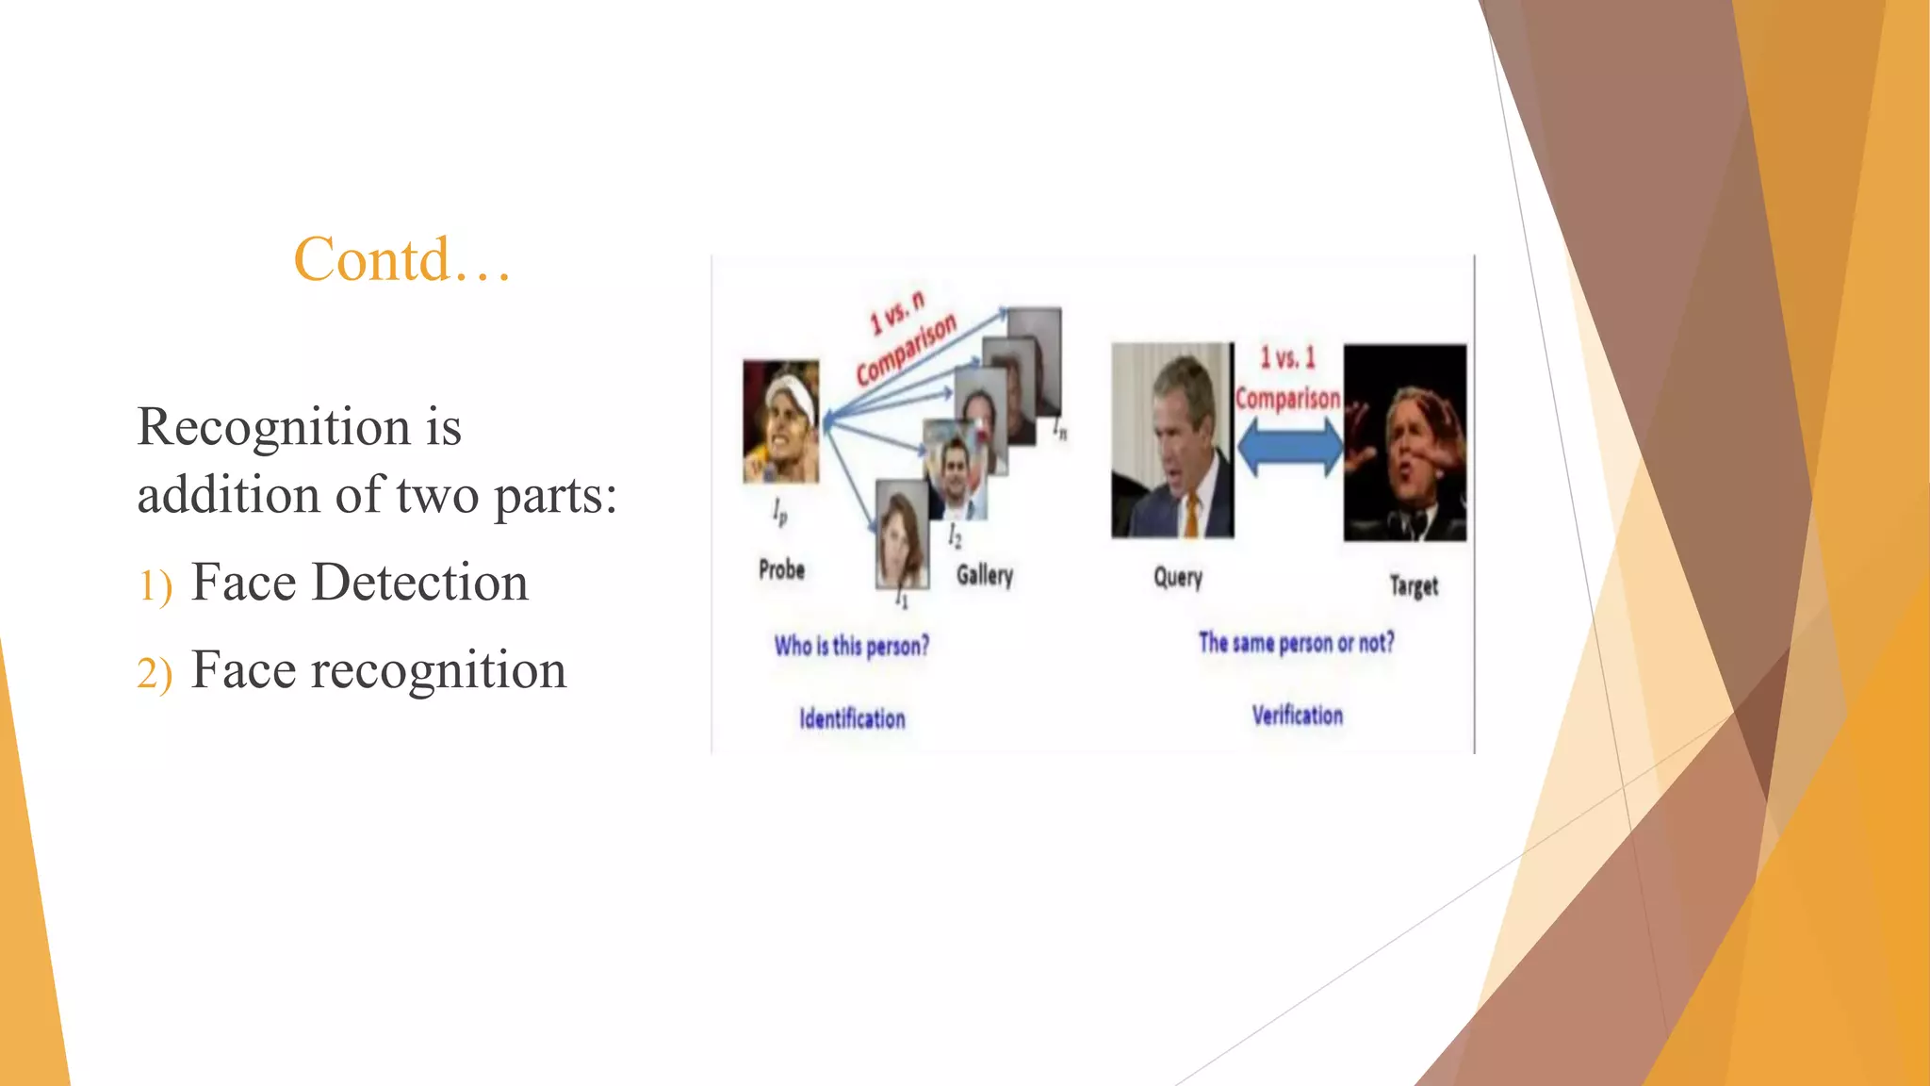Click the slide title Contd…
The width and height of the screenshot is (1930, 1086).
point(402,259)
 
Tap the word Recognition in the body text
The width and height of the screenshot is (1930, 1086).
point(274,427)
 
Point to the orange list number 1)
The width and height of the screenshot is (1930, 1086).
point(155,585)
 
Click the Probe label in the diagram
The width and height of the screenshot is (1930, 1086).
point(781,569)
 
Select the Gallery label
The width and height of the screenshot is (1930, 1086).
point(984,575)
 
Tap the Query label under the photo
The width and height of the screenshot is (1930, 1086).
point(1178,577)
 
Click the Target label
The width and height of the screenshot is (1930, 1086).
point(1414,586)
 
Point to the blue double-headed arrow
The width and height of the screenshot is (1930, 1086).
point(1289,447)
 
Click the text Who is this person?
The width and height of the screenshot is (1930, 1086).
point(851,646)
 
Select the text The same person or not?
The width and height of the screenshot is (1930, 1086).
point(1296,643)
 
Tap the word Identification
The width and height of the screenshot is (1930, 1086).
point(852,718)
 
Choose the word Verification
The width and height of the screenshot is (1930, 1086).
point(1297,716)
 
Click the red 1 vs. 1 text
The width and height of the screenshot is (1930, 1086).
point(1287,358)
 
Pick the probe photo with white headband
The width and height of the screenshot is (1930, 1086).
point(780,421)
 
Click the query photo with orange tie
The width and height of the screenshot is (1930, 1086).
point(1171,440)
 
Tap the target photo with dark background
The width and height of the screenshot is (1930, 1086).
point(1404,442)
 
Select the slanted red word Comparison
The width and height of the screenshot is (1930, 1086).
point(907,349)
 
